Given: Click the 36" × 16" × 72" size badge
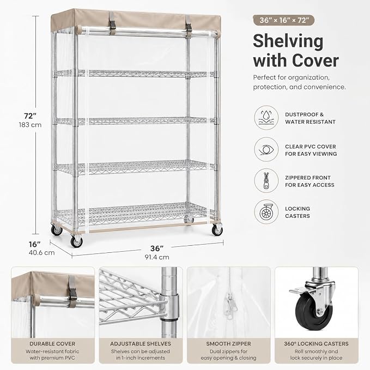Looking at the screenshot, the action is click(x=284, y=20).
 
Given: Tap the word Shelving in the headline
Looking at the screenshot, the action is click(x=288, y=41).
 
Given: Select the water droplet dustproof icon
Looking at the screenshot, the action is click(x=266, y=118).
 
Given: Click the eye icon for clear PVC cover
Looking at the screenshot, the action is click(x=266, y=150).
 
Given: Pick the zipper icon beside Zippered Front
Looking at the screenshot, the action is click(x=266, y=181).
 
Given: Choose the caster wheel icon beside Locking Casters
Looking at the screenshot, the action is click(x=266, y=212).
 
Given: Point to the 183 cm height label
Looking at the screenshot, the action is click(x=30, y=125).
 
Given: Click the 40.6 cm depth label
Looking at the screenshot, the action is click(x=42, y=253).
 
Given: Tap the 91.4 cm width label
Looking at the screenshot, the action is click(x=157, y=257).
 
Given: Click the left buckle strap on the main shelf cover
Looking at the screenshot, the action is click(x=112, y=23).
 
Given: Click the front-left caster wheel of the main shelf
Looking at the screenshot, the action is click(x=76, y=241).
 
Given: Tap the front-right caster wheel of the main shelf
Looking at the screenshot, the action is click(x=217, y=230).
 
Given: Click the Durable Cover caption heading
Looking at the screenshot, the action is click(x=52, y=343).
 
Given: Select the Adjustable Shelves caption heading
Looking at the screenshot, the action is click(x=141, y=343).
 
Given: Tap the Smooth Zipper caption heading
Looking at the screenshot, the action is click(x=228, y=343).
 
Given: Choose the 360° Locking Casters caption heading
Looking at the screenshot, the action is click(x=316, y=343).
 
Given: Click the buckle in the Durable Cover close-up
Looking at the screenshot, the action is click(x=73, y=292).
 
